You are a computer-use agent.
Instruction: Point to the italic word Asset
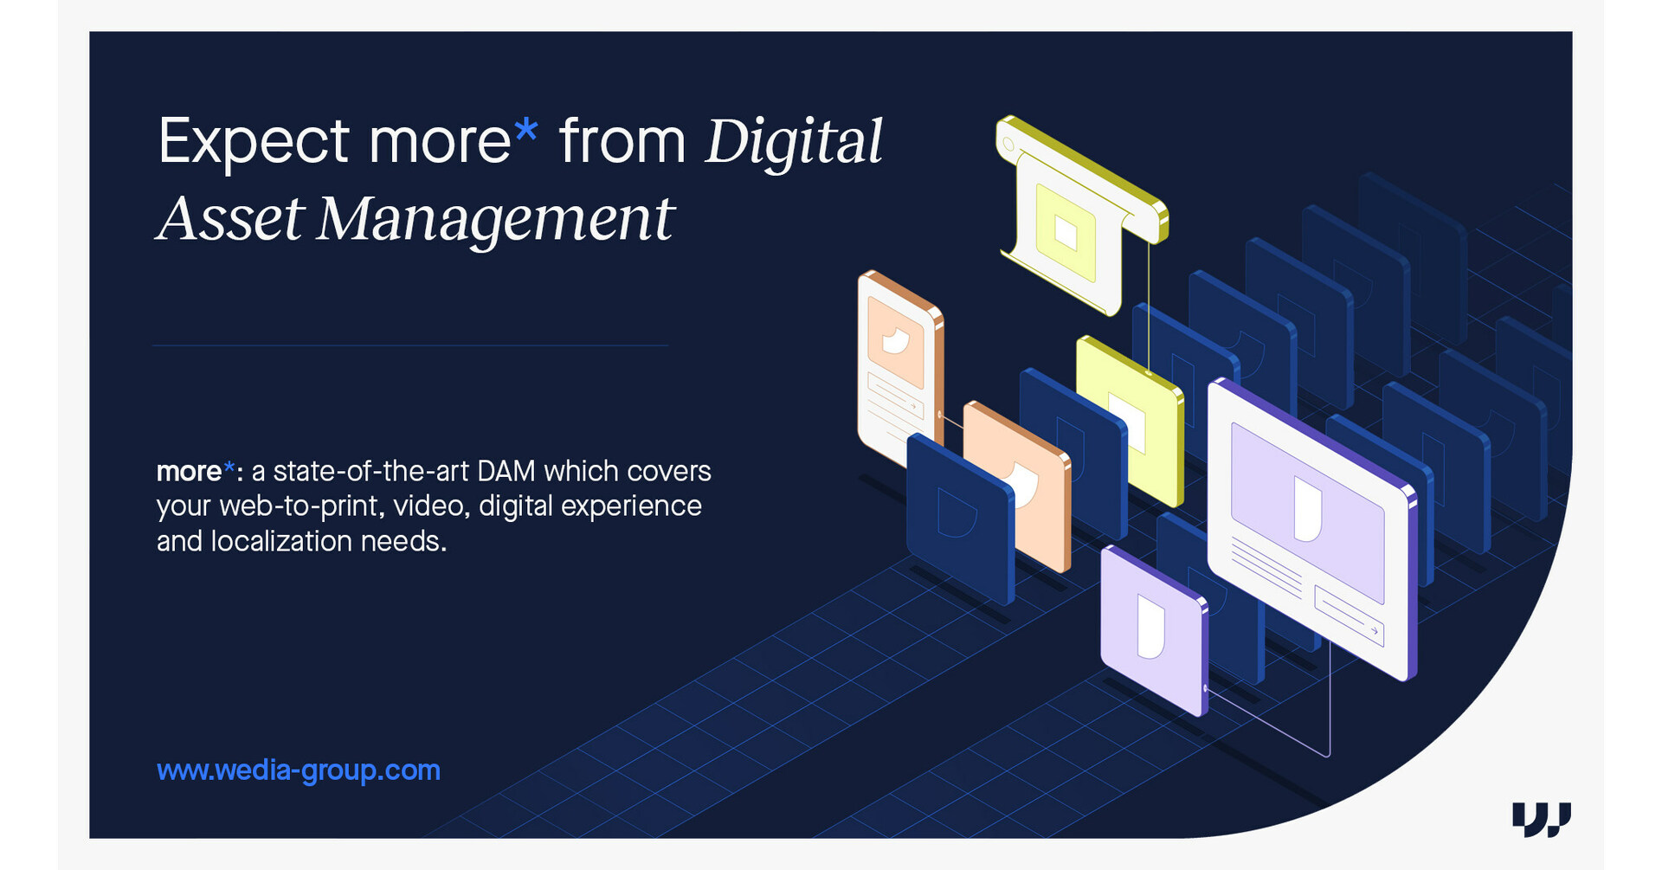tap(230, 218)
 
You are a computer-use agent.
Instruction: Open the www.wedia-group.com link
tap(299, 770)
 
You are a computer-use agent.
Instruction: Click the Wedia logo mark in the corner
tap(1542, 819)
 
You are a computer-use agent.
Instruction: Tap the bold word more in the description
tap(189, 472)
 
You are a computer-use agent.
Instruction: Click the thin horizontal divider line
tap(410, 345)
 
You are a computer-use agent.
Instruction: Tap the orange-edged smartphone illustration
tap(900, 368)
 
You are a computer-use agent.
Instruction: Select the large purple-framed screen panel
tap(1312, 528)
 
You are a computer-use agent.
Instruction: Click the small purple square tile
tap(1154, 630)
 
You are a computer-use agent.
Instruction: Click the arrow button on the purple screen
tap(1349, 615)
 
